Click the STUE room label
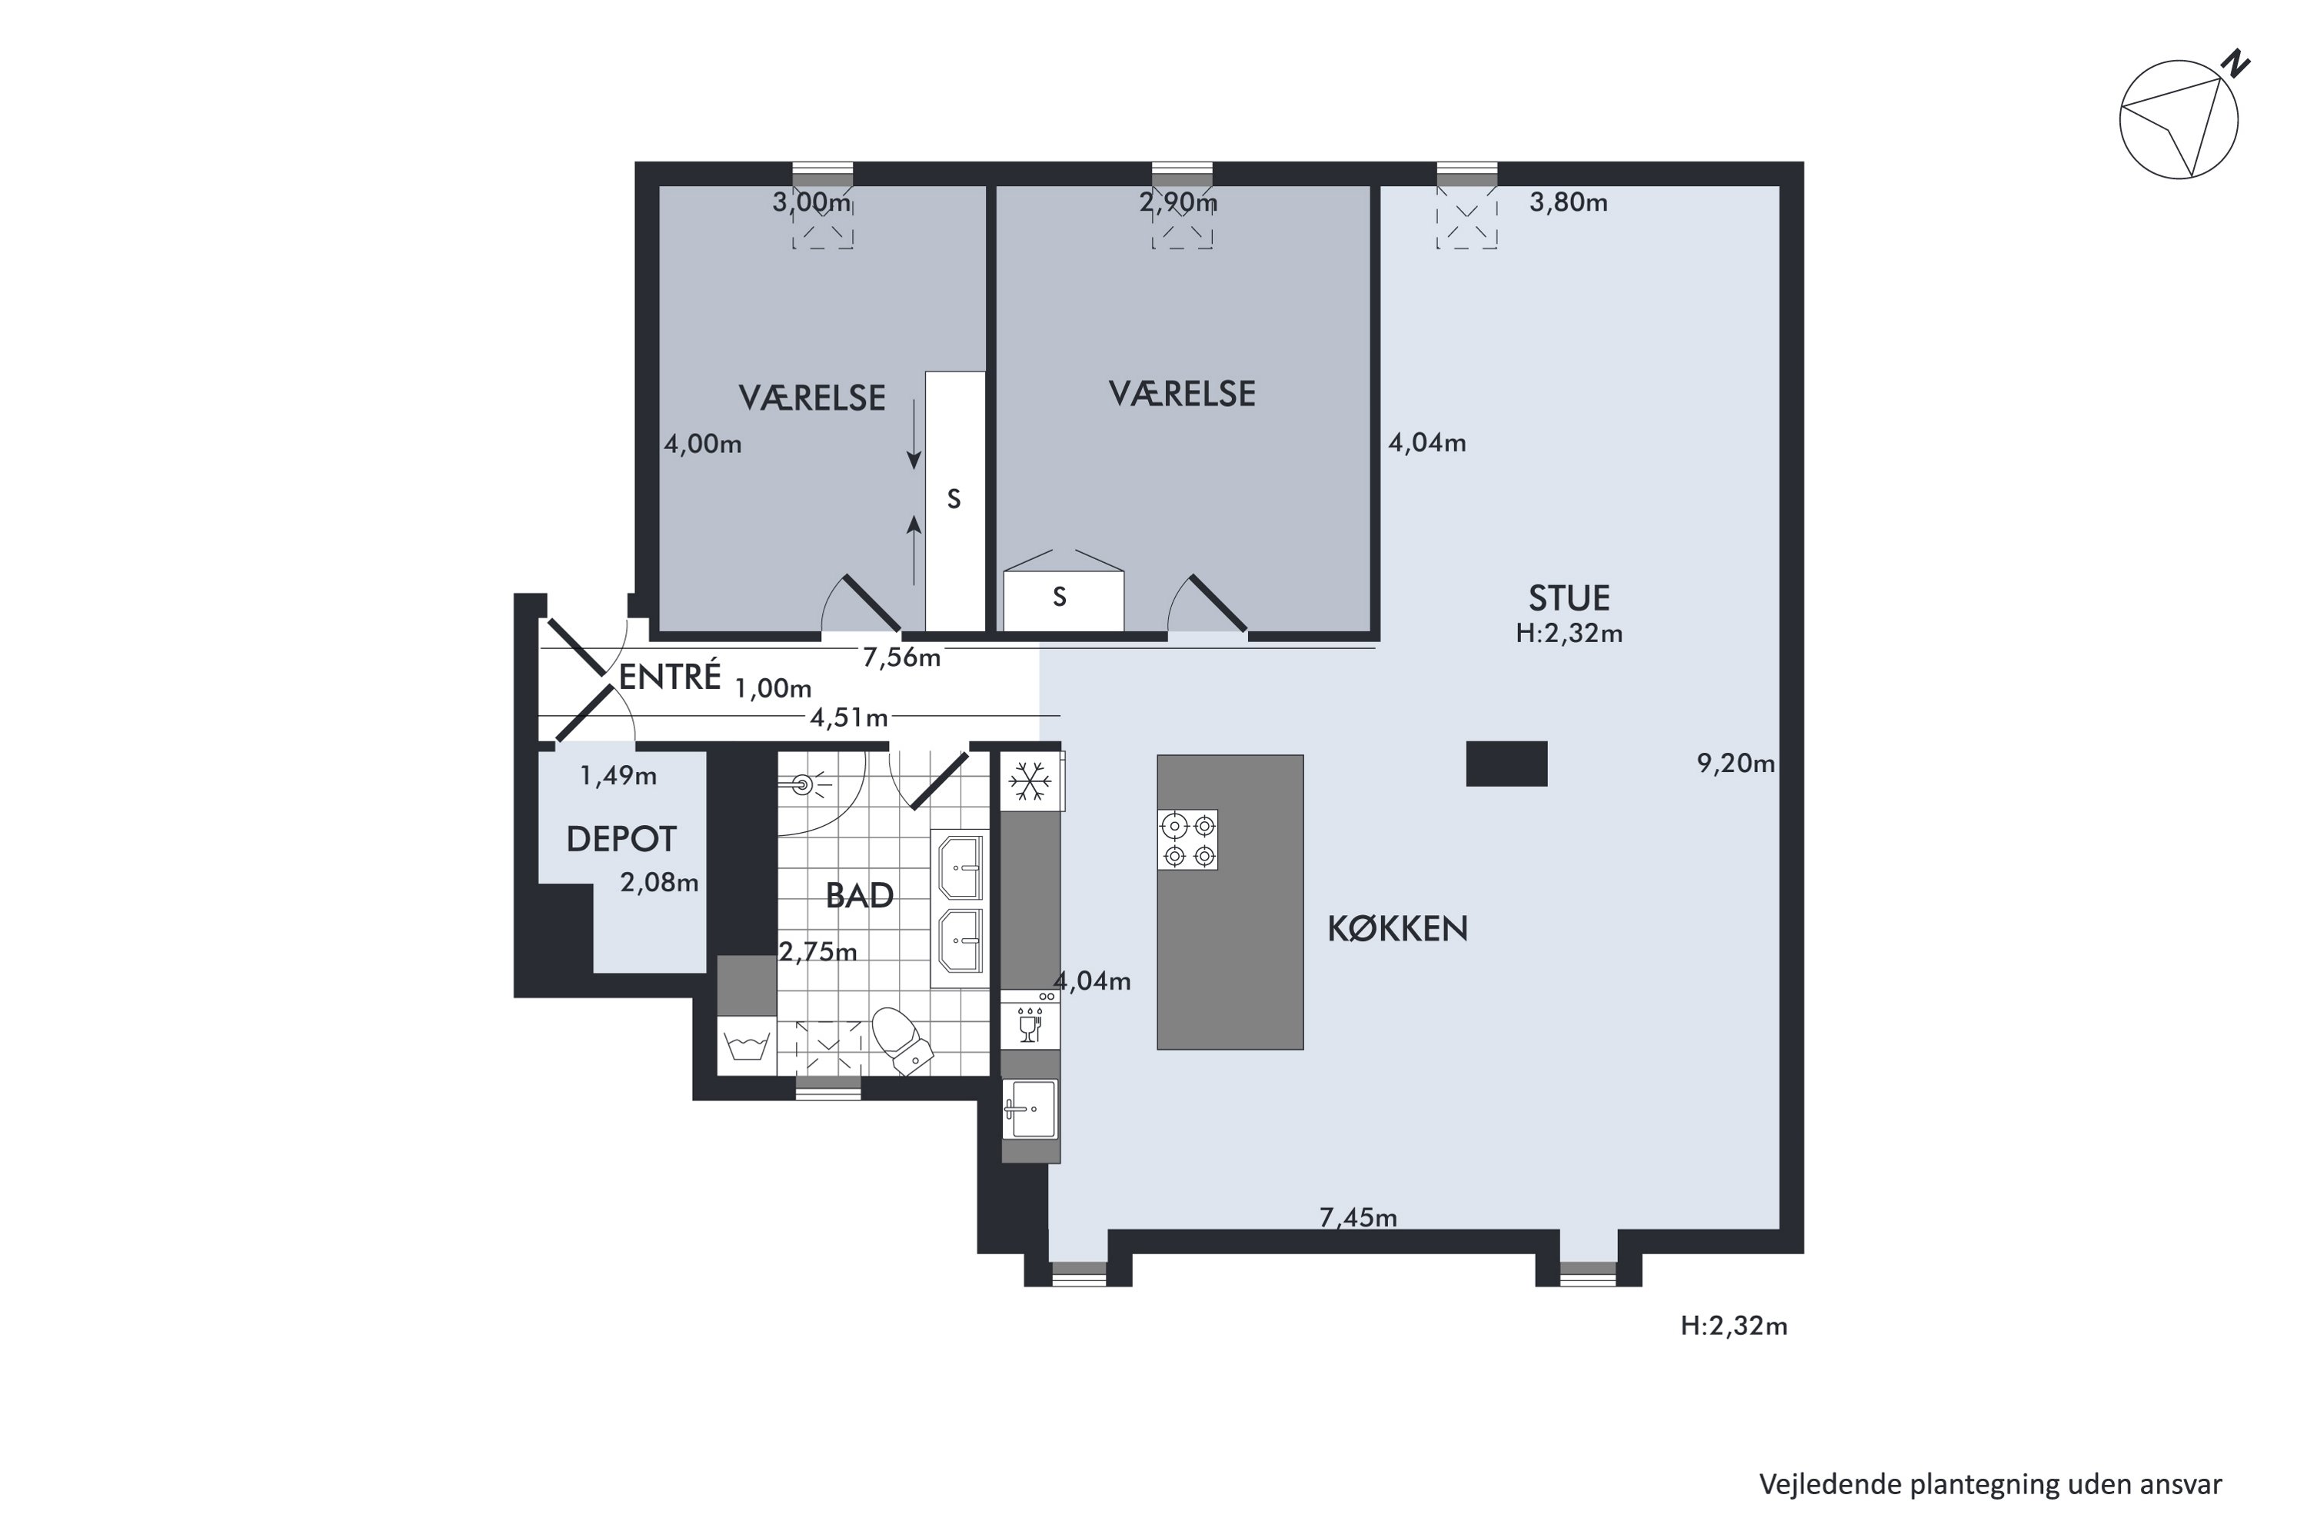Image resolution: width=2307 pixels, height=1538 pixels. tap(1570, 598)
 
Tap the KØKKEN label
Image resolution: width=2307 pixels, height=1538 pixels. tap(1398, 929)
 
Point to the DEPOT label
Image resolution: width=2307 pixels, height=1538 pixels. tap(622, 840)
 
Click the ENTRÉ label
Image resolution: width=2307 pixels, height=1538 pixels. tap(670, 676)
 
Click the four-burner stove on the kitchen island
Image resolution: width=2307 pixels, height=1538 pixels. tap(1188, 840)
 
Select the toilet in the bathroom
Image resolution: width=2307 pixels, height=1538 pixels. tap(902, 1040)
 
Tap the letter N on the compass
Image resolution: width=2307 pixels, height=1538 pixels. tap(2236, 64)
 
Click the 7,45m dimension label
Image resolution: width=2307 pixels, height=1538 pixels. tap(1359, 1217)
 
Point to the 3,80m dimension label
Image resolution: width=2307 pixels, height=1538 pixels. tap(1569, 203)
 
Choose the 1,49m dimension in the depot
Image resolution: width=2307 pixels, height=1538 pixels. tap(618, 776)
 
